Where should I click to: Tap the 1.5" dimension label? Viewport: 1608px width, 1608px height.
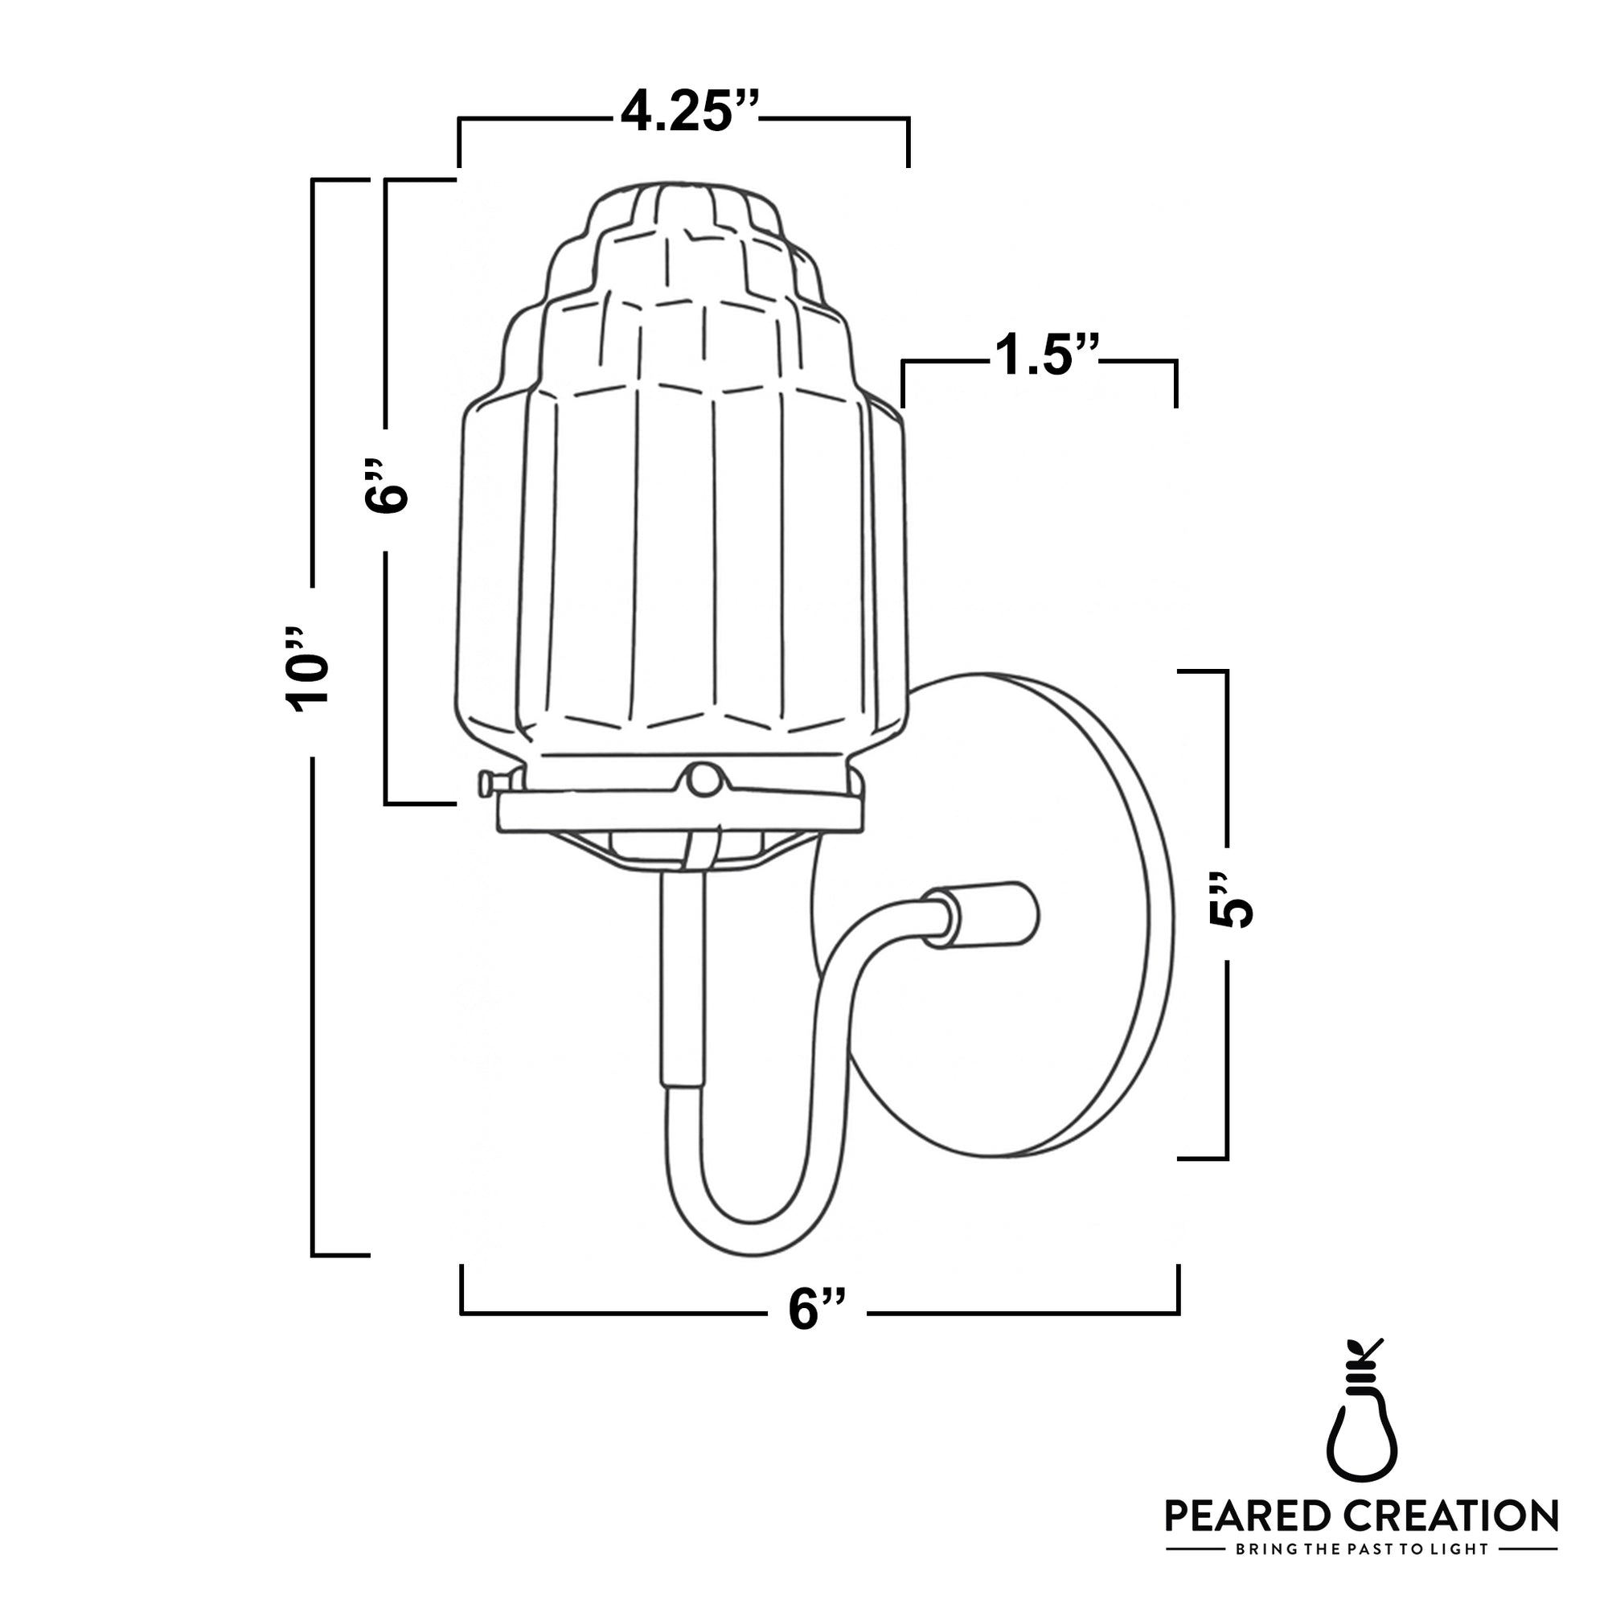pyautogui.click(x=1046, y=355)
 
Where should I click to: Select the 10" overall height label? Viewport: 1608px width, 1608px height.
pyautogui.click(x=308, y=670)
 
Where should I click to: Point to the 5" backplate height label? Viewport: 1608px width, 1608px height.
pyautogui.click(x=1230, y=901)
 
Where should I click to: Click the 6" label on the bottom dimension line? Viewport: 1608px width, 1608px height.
pyautogui.click(x=817, y=1309)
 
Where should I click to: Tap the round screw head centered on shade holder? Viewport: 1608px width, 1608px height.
pyautogui.click(x=704, y=779)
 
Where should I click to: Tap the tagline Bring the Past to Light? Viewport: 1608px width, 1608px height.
pyautogui.click(x=1362, y=1549)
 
